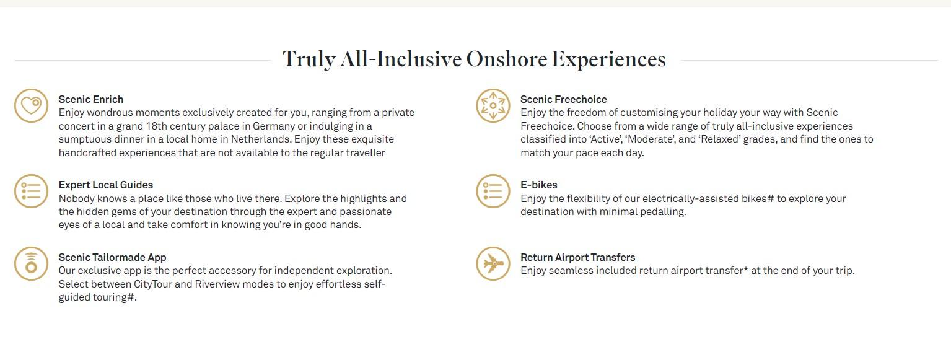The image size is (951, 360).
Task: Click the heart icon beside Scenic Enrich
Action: coord(31,106)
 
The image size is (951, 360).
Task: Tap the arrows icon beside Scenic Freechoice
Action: coord(493,106)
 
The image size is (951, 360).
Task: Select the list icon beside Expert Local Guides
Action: coord(31,191)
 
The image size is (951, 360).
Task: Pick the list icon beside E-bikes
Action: coord(493,191)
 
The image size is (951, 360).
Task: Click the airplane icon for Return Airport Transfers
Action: coord(493,263)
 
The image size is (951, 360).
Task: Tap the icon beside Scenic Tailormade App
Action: coord(31,263)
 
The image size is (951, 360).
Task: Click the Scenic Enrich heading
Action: coord(91,99)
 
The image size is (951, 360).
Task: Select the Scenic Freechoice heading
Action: coord(563,99)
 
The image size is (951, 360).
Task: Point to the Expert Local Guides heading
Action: coord(106,185)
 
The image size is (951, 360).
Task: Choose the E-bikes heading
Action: coord(539,185)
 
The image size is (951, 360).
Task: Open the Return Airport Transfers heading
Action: coord(578,257)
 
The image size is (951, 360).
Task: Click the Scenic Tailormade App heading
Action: coord(113,257)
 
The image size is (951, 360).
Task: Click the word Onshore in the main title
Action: coord(507,59)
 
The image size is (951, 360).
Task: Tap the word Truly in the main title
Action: coord(309,59)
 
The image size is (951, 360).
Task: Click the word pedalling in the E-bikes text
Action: coord(662,212)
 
